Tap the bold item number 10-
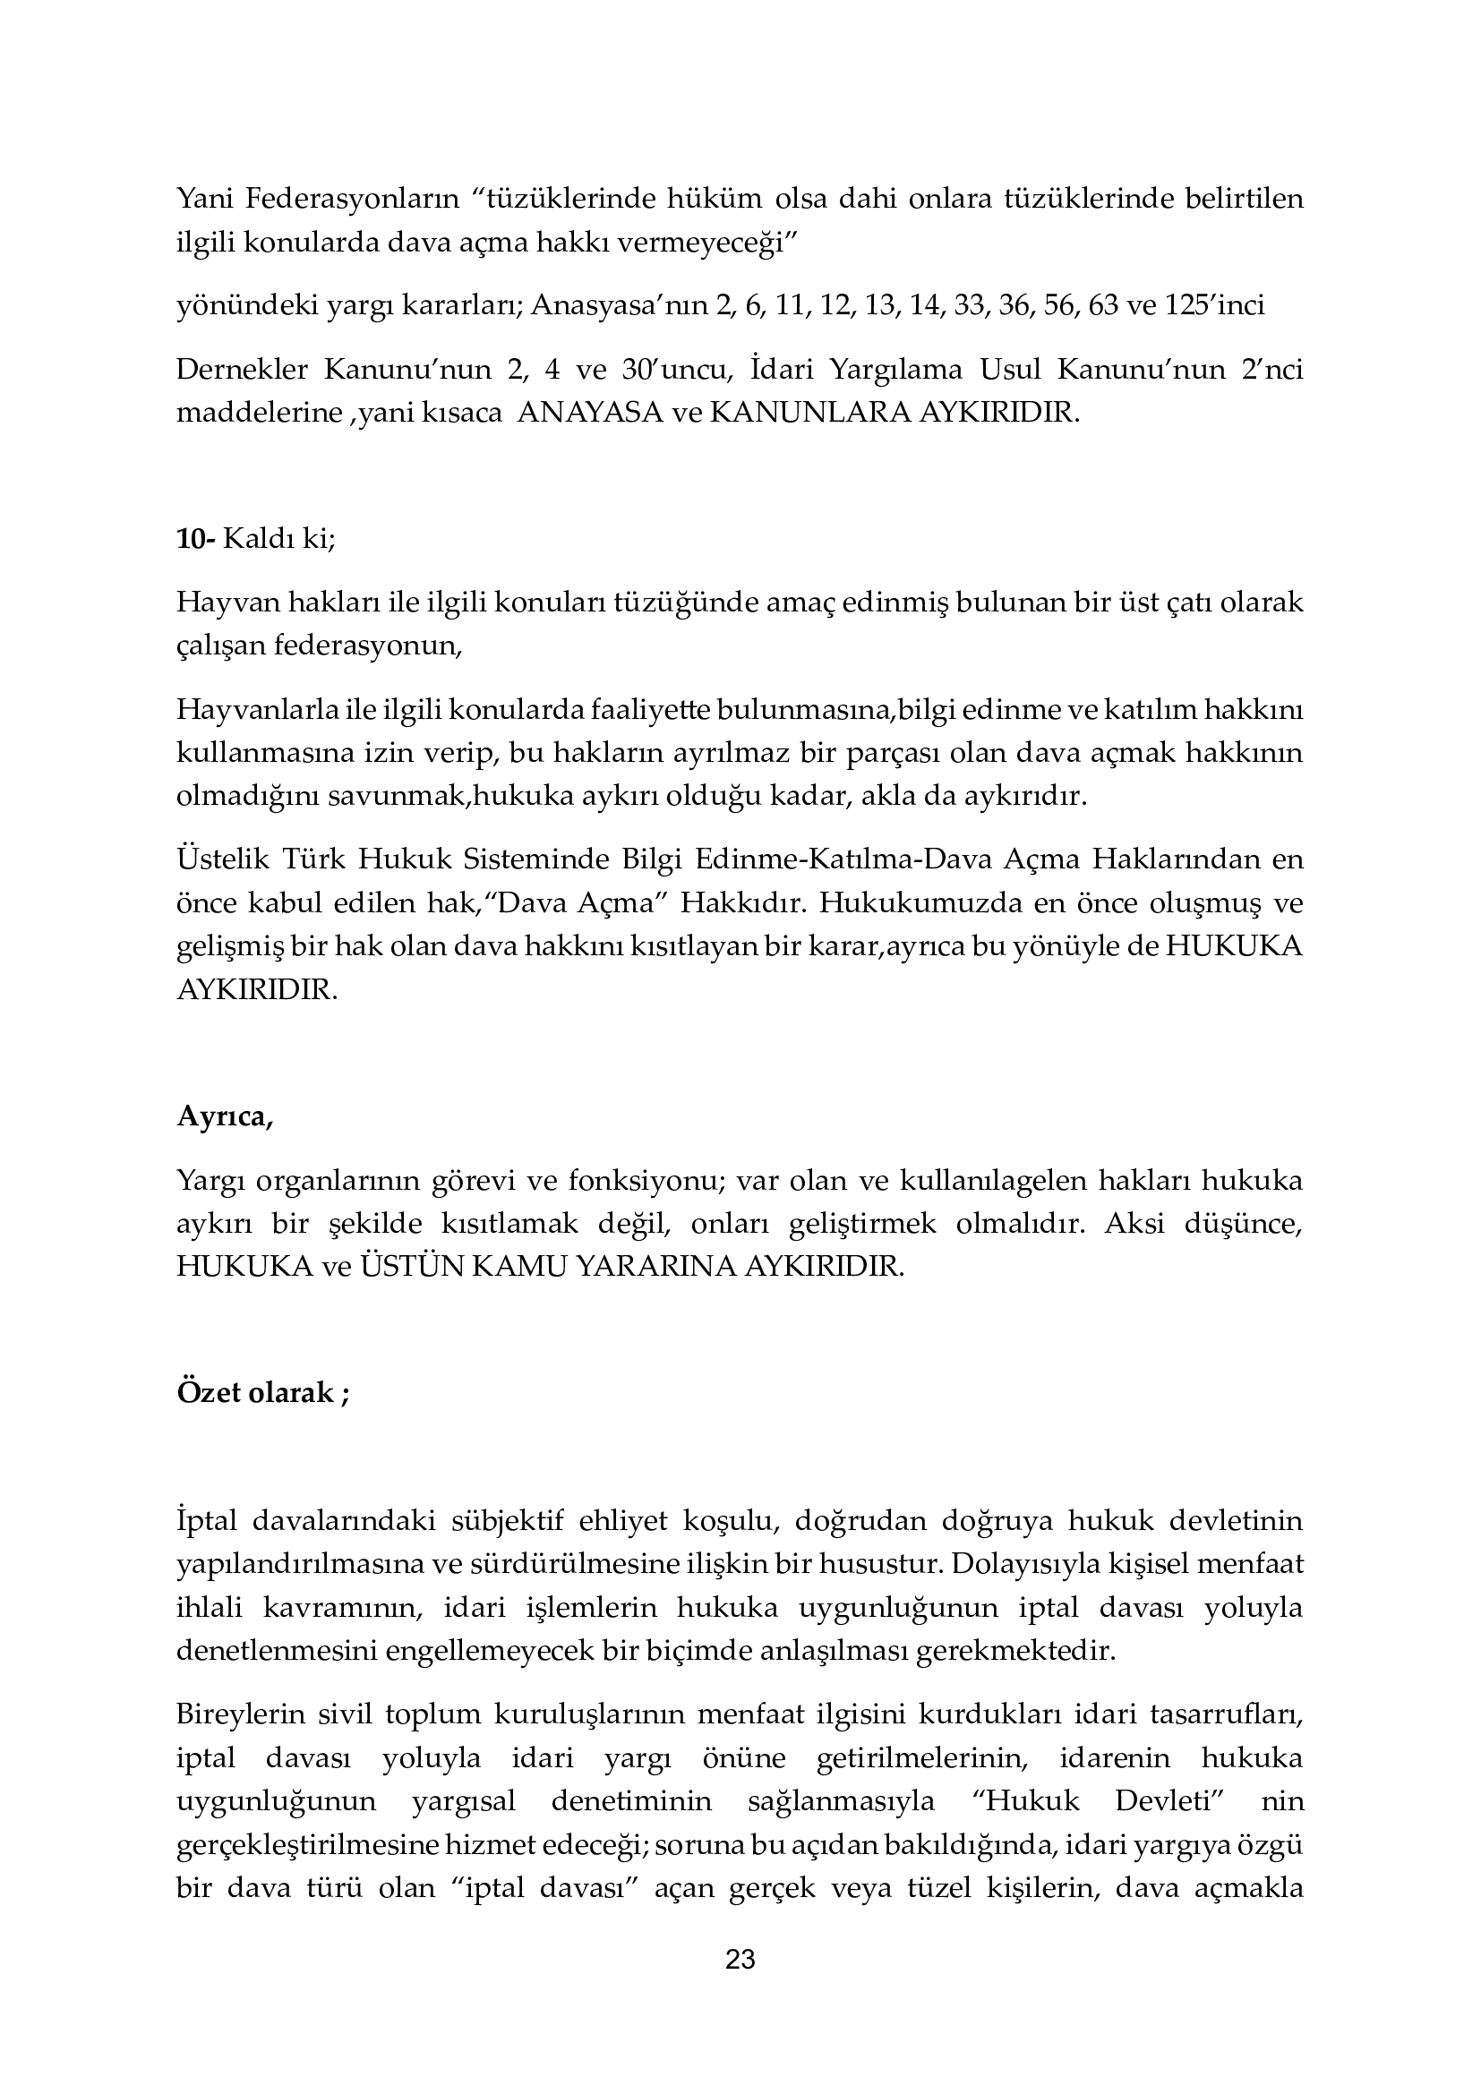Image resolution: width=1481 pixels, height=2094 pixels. coord(195,539)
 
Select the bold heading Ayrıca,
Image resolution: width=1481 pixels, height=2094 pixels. coord(225,1117)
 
